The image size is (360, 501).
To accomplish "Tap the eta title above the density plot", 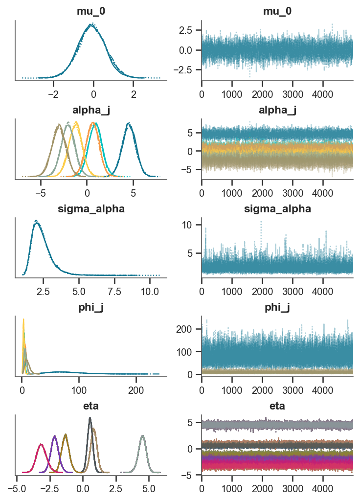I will pyautogui.click(x=91, y=405).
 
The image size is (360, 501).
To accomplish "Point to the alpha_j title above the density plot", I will pyautogui.click(x=91, y=111).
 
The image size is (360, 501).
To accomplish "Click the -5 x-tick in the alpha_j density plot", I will pyautogui.click(x=41, y=191).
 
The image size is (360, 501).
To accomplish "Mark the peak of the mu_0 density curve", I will pyautogui.click(x=91, y=24).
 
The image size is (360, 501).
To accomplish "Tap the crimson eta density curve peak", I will pyautogui.click(x=42, y=444).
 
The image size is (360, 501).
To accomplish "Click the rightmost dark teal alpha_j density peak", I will pyautogui.click(x=129, y=123).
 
